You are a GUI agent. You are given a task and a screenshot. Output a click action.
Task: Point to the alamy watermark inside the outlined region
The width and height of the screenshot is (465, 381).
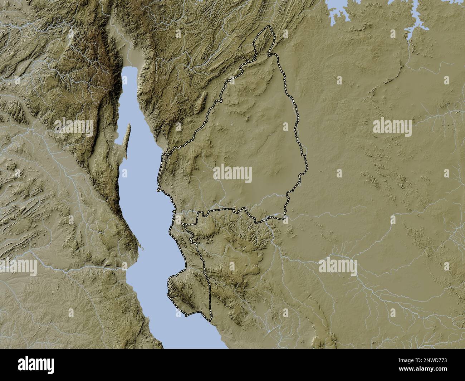pyautogui.click(x=232, y=174)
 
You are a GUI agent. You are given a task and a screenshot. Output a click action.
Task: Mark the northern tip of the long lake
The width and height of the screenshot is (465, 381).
pyautogui.click(x=129, y=69)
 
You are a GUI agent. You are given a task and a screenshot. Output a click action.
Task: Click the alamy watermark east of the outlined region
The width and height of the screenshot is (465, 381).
pyautogui.click(x=392, y=126)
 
